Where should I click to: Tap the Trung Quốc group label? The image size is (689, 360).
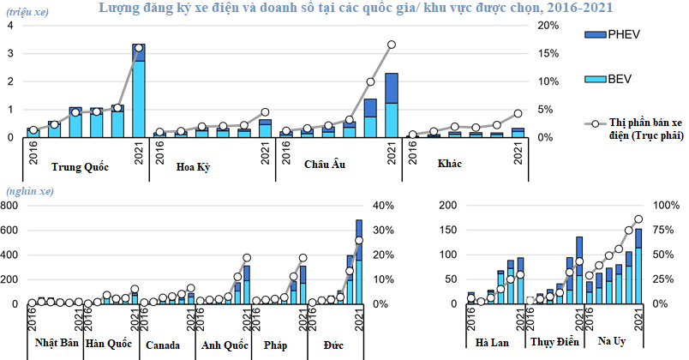click(x=81, y=167)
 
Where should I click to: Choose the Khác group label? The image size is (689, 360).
click(x=450, y=164)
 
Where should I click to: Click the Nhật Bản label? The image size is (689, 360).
click(x=57, y=344)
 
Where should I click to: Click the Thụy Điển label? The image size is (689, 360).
click(x=555, y=342)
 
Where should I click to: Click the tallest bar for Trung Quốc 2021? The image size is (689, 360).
click(x=139, y=90)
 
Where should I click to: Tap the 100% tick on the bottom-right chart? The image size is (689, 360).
click(x=668, y=206)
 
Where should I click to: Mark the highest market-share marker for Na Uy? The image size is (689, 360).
click(x=638, y=219)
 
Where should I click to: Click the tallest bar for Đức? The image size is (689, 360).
click(x=359, y=261)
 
